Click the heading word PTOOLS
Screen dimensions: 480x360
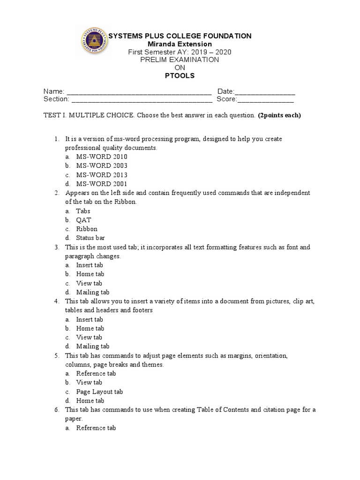[180, 75]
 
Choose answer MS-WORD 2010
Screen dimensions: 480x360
[102, 157]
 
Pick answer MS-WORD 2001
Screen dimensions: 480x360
[102, 184]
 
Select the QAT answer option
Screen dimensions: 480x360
[84, 220]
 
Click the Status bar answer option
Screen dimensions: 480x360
[90, 238]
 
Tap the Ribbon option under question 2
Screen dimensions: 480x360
[87, 229]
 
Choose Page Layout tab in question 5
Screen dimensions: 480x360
[99, 392]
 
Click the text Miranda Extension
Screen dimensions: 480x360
[180, 44]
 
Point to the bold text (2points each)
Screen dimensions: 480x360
[279, 115]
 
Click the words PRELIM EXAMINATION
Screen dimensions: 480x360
[180, 60]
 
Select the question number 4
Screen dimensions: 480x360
[56, 301]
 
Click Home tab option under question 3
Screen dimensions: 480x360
[90, 274]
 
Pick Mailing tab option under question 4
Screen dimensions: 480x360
[93, 346]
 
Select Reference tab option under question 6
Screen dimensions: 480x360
[96, 428]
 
